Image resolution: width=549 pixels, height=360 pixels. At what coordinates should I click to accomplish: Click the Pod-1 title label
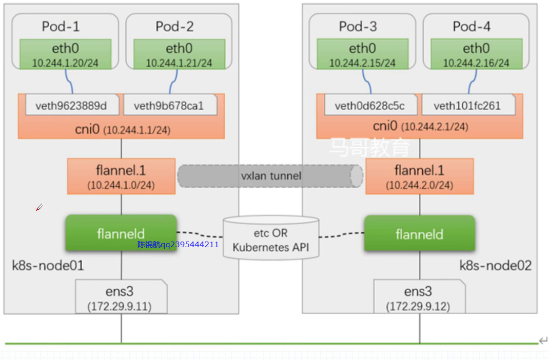point(61,27)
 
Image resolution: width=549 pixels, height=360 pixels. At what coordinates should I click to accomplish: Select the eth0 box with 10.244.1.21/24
point(179,54)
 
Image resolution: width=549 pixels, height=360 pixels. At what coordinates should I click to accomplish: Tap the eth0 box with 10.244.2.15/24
point(362,54)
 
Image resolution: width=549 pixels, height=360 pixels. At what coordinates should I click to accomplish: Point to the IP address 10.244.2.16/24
point(476,63)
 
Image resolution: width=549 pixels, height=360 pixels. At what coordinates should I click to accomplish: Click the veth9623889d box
point(71,106)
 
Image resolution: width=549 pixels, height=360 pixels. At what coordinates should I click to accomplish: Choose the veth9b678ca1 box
point(169,106)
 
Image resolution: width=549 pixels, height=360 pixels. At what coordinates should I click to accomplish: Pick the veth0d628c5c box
point(369,106)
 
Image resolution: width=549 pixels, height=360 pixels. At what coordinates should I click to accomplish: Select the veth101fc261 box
point(467,106)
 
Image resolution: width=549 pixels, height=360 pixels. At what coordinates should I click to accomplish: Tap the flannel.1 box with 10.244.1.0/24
point(121,176)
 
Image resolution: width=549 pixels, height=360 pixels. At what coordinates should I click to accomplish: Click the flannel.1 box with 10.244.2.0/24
point(419,176)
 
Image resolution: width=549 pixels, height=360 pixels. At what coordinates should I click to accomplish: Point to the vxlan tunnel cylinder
point(270,176)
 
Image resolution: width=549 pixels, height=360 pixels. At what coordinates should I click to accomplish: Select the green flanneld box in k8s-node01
point(121,233)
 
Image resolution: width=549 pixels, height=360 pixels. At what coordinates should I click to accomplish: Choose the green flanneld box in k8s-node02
point(419,234)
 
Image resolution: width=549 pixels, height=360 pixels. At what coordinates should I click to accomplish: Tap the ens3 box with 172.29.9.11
point(121,297)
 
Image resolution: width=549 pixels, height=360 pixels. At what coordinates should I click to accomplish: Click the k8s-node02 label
point(495,266)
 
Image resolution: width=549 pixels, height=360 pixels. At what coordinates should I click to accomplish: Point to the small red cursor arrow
point(39,207)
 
